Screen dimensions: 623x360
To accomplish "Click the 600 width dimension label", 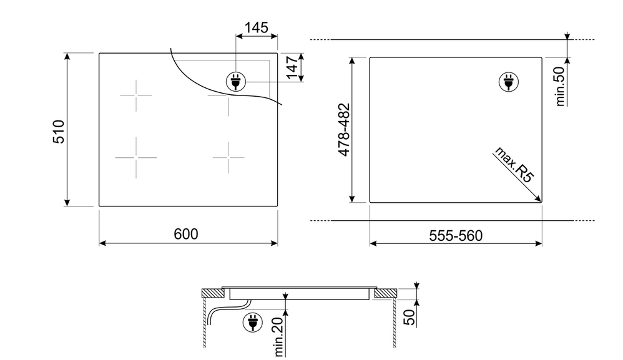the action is pyautogui.click(x=185, y=234).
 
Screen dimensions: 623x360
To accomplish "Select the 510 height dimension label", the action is pyautogui.click(x=59, y=132).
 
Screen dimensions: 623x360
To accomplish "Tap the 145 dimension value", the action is pyautogui.click(x=257, y=28).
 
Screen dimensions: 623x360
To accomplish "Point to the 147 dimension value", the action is pyautogui.click(x=292, y=67).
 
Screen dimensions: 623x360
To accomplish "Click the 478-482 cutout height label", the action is pyautogui.click(x=344, y=130).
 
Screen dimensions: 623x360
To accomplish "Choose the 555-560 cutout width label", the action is pyautogui.click(x=456, y=236).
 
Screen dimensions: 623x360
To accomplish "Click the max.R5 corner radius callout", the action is pyautogui.click(x=513, y=164).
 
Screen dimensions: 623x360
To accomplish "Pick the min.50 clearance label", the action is pyautogui.click(x=560, y=86).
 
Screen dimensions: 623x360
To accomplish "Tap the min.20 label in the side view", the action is pyautogui.click(x=279, y=336).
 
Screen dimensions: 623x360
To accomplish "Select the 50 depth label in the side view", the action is pyautogui.click(x=410, y=317).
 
